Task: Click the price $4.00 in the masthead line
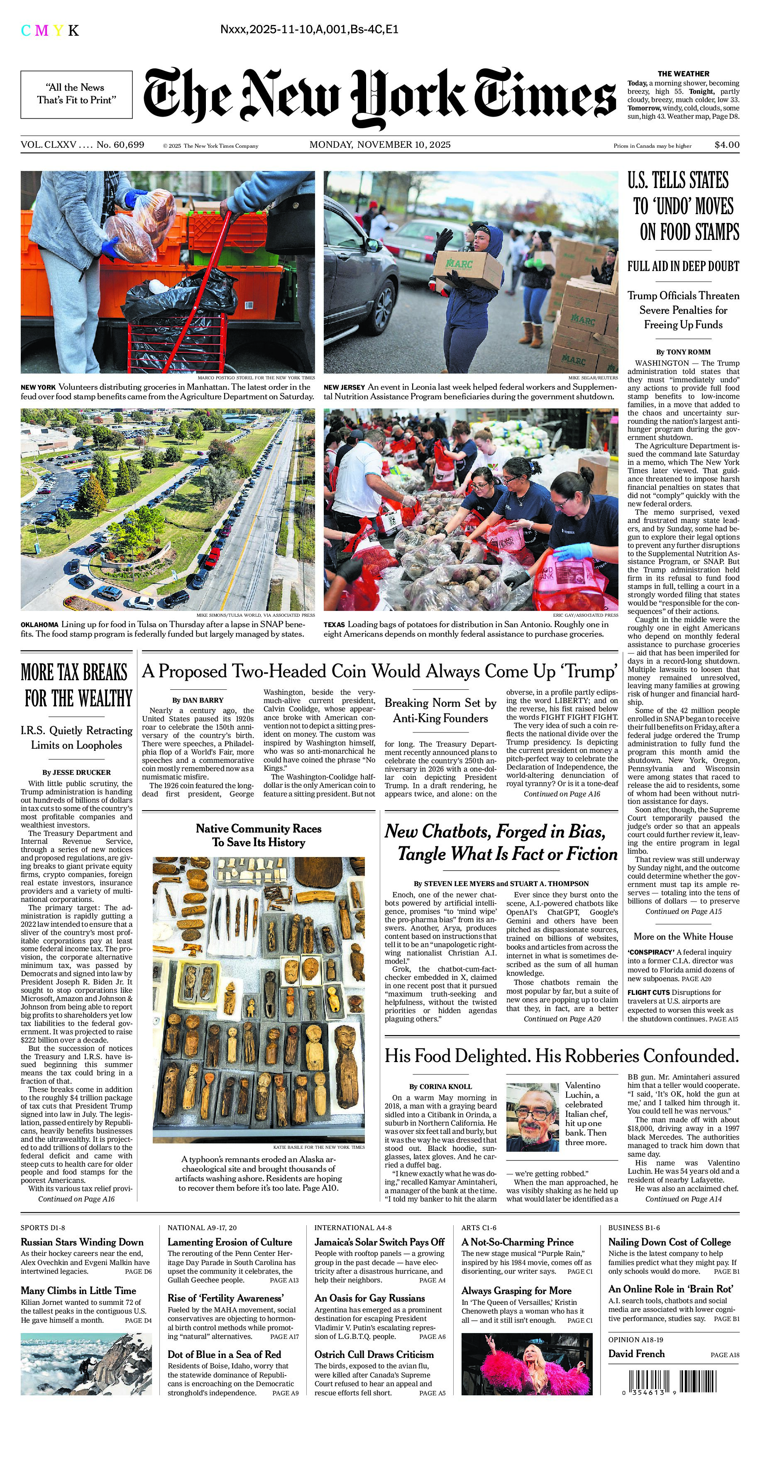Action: (x=727, y=145)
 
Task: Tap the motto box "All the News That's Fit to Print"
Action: (x=76, y=94)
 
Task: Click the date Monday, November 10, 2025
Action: (x=380, y=145)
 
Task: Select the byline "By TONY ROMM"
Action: (x=683, y=352)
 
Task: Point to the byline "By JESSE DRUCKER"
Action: (x=76, y=772)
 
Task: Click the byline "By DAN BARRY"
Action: (x=198, y=700)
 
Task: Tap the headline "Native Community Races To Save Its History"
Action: (x=259, y=835)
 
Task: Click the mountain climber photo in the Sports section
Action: (x=86, y=1364)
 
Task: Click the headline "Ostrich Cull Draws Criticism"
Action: (x=374, y=1354)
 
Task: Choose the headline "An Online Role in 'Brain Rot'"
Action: (x=671, y=1289)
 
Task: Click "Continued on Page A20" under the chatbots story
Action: (x=562, y=1019)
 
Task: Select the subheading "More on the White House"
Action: (x=683, y=937)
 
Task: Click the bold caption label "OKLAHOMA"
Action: (x=39, y=625)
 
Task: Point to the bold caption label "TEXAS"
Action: (x=334, y=625)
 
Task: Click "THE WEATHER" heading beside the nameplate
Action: (x=683, y=73)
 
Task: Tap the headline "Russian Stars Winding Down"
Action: (x=82, y=1242)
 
